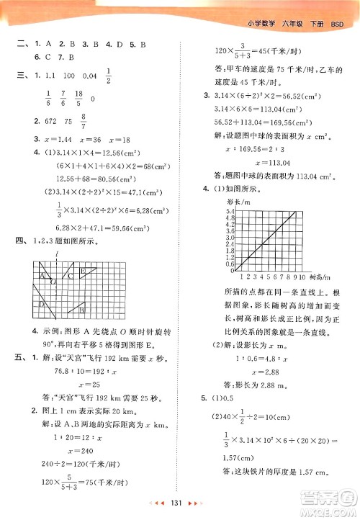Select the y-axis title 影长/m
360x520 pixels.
[216, 202]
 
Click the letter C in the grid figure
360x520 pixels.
[70, 276]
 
